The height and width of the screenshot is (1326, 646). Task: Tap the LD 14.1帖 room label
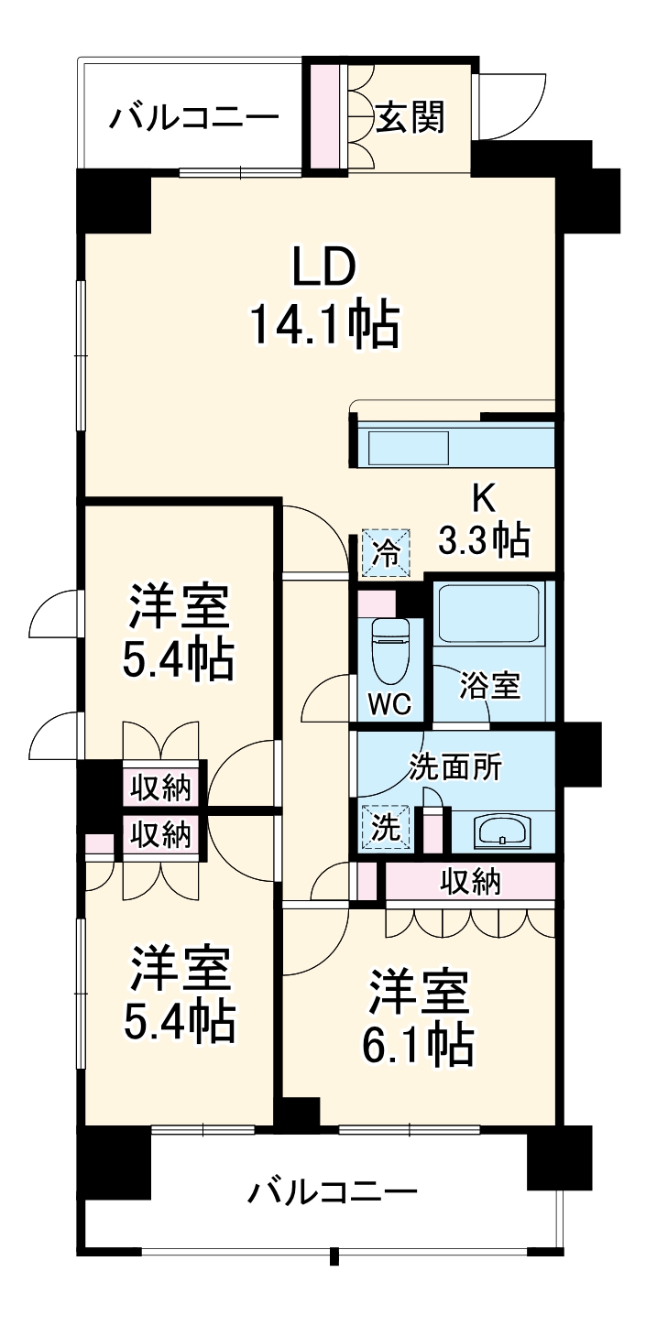(323, 297)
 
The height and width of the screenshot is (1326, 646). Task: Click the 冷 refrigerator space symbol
(386, 552)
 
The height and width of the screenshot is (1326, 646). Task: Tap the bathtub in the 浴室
(488, 614)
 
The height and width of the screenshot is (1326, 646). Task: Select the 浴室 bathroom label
(490, 685)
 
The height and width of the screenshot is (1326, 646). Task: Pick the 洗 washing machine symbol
(386, 828)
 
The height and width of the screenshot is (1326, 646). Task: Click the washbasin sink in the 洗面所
(501, 831)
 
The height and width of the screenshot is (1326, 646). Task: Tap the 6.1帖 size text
(422, 1044)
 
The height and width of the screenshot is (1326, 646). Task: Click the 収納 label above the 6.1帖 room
(470, 881)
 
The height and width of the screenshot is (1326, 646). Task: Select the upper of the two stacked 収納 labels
(159, 787)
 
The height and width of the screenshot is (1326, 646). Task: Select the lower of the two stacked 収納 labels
(159, 834)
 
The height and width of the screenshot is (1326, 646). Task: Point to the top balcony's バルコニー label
(193, 118)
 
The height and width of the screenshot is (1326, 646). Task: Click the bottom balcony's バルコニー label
(333, 1191)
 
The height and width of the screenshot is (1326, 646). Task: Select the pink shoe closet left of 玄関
(325, 116)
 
